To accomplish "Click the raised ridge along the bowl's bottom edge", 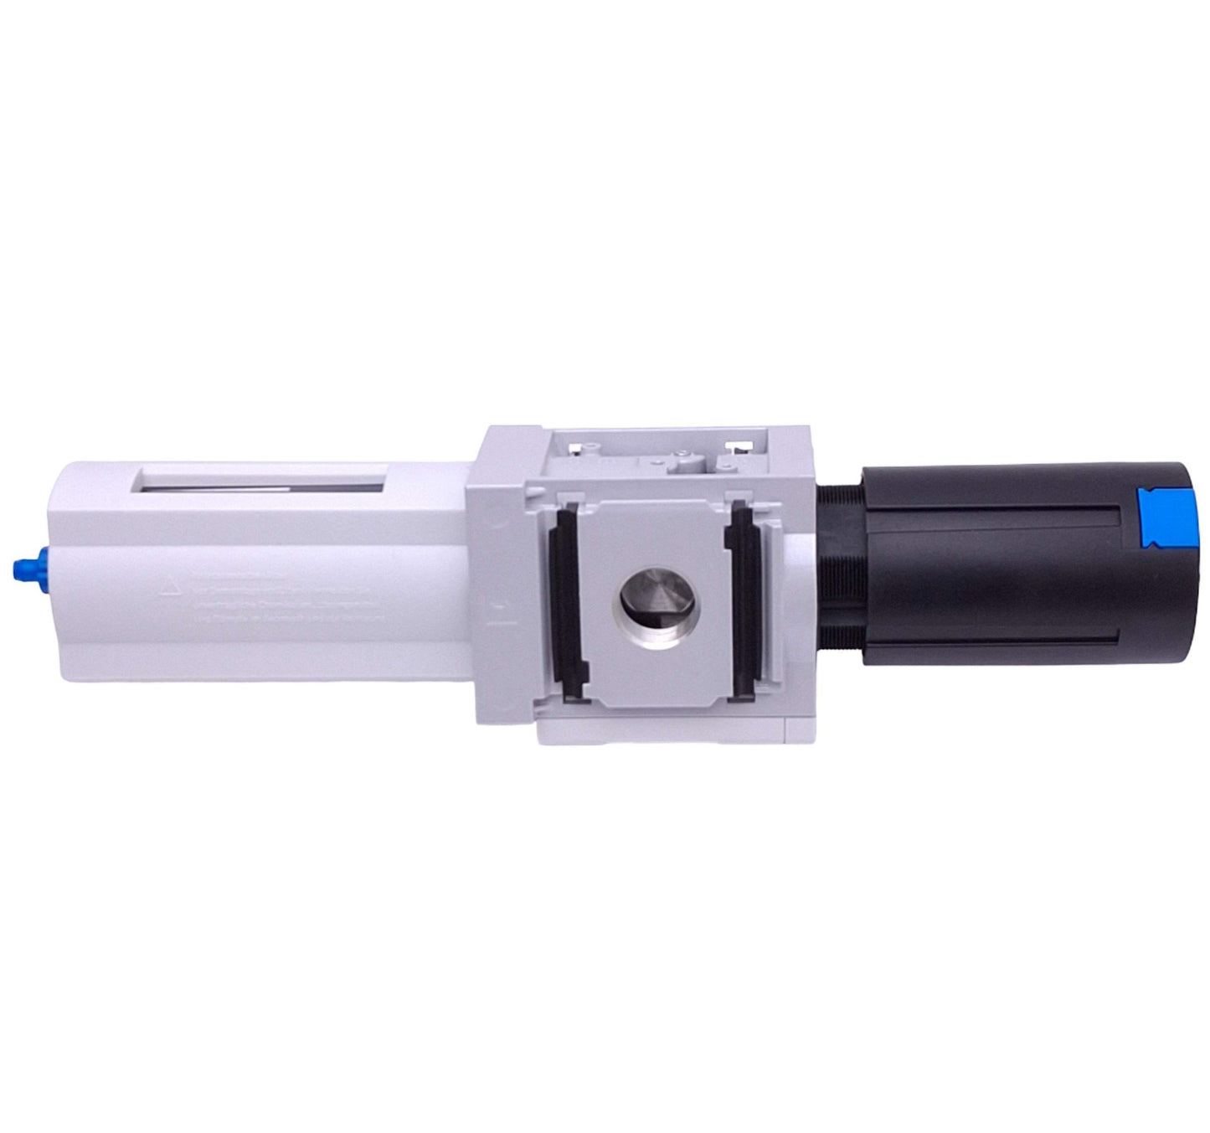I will [x=251, y=670].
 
